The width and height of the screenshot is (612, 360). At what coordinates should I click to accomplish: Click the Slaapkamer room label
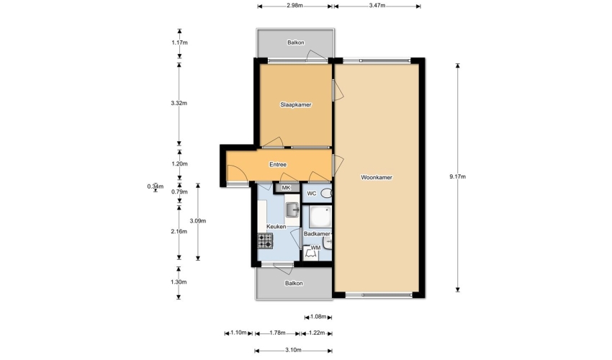[296, 104]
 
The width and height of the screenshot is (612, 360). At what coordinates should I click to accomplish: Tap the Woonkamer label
[377, 177]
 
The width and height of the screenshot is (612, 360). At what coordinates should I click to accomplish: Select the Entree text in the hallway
[278, 165]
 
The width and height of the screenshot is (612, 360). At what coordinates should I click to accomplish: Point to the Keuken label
[276, 227]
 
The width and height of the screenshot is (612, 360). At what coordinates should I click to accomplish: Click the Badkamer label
[317, 234]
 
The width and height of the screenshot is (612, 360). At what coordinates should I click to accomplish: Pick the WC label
[312, 194]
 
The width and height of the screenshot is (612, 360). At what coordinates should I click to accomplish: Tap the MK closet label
[286, 188]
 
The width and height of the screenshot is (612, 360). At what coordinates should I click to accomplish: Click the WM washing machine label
[315, 248]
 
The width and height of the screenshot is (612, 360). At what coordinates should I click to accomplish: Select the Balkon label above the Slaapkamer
[296, 42]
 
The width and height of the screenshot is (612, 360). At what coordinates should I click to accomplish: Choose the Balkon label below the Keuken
[294, 284]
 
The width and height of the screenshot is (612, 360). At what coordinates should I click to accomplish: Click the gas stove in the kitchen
[265, 241]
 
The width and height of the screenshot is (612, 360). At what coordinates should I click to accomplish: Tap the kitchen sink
[292, 210]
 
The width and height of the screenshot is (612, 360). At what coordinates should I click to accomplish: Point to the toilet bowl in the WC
[326, 193]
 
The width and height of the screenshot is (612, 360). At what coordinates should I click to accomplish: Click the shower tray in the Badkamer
[320, 217]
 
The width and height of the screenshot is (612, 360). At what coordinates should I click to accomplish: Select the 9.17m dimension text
[457, 176]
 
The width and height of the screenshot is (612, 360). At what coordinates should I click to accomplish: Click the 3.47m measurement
[377, 6]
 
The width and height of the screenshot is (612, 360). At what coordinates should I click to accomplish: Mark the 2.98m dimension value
[294, 6]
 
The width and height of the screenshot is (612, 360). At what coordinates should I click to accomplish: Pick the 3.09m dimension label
[198, 221]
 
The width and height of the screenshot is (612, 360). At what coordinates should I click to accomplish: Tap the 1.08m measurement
[318, 317]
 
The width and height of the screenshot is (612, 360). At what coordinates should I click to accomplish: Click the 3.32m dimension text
[179, 104]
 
